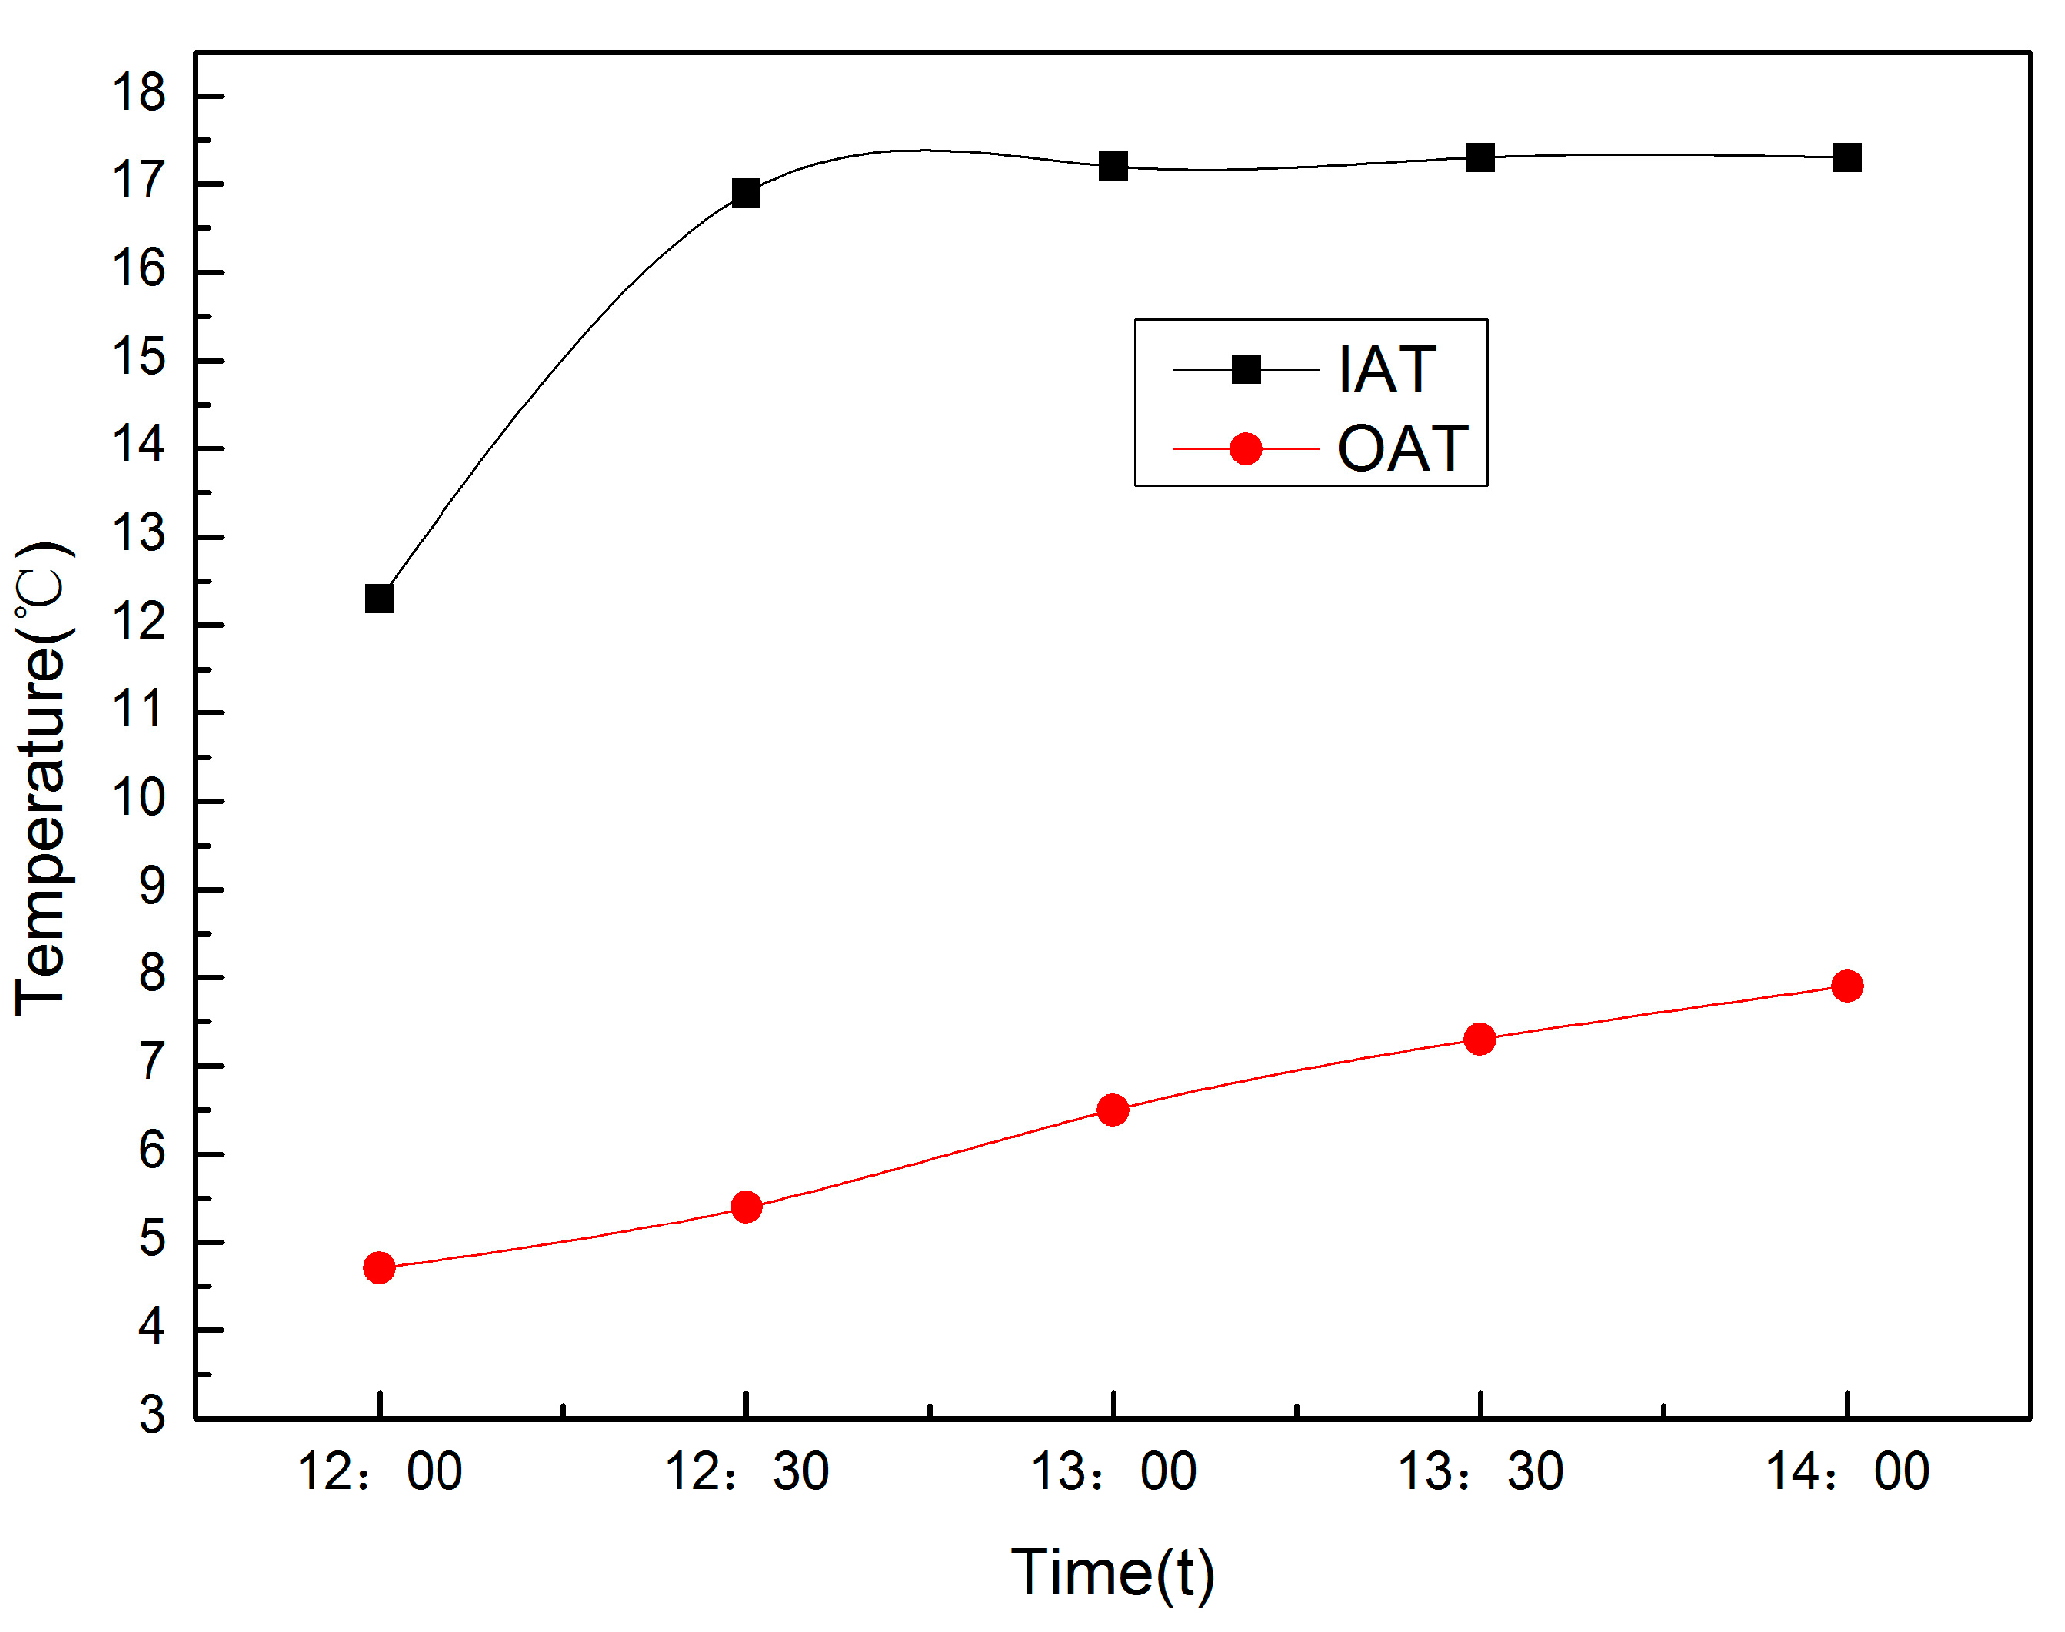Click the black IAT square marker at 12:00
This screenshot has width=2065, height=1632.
click(x=379, y=598)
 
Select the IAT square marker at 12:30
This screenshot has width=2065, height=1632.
click(x=745, y=193)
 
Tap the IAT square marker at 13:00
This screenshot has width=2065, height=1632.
click(x=1113, y=166)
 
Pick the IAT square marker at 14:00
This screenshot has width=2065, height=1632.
click(x=1847, y=157)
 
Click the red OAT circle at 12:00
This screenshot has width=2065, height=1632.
click(x=379, y=1268)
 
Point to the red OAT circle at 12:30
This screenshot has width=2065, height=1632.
click(x=745, y=1207)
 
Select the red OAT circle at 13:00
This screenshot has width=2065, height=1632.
click(x=1113, y=1110)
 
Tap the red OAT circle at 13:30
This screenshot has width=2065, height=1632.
click(x=1480, y=1039)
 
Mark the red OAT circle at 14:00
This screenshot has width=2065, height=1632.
click(x=1847, y=986)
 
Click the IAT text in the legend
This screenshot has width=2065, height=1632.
click(x=1386, y=370)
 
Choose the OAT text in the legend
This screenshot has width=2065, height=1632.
click(x=1402, y=449)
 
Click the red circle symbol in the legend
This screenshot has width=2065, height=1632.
click(x=1246, y=449)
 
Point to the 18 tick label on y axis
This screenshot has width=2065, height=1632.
click(x=139, y=94)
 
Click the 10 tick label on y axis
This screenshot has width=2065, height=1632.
click(x=139, y=799)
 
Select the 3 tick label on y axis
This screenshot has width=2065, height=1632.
click(x=151, y=1415)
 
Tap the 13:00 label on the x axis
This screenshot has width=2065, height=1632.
click(x=1113, y=1472)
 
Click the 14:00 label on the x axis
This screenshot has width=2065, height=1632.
click(x=1847, y=1472)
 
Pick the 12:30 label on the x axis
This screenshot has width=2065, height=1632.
click(x=745, y=1472)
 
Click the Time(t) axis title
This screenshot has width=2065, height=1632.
click(x=1112, y=1574)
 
